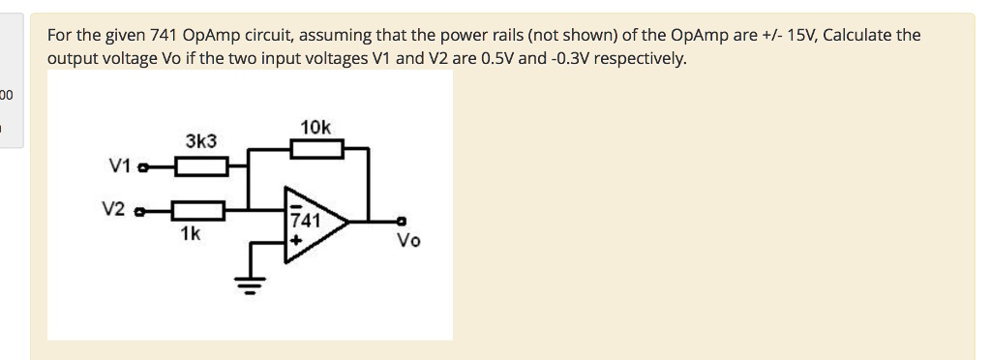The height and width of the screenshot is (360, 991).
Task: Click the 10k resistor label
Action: [x=315, y=128]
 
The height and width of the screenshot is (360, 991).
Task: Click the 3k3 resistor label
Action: [x=201, y=141]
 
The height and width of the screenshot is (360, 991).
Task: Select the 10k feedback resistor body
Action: [x=316, y=149]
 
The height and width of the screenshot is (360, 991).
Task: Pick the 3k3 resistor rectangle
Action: [x=201, y=167]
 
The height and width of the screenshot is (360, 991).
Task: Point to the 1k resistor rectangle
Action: [x=197, y=208]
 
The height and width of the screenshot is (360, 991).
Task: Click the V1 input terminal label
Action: [x=120, y=165]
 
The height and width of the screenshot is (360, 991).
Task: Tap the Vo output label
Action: [x=408, y=240]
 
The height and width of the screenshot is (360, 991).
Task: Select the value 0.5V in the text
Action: [x=501, y=58]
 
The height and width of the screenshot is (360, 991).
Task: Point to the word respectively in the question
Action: [x=640, y=58]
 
